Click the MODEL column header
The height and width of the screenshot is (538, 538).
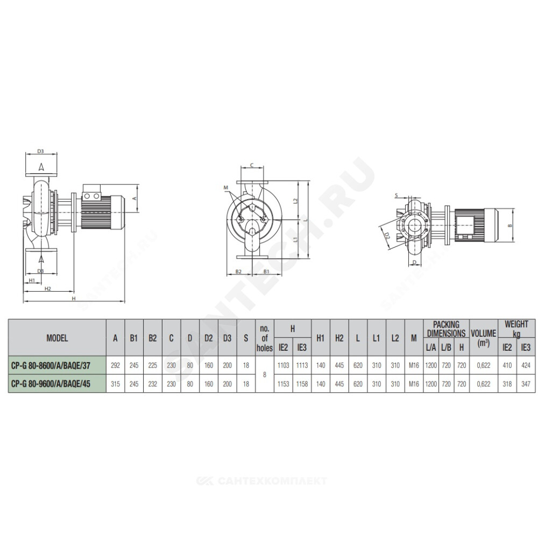click(x=57, y=338)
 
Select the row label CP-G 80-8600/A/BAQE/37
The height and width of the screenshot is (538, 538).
click(x=51, y=366)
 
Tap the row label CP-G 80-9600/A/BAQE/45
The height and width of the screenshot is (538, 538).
click(x=51, y=384)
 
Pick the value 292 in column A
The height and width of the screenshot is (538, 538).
click(x=115, y=365)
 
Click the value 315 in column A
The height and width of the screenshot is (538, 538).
click(x=115, y=384)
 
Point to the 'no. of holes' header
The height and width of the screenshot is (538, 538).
click(x=265, y=338)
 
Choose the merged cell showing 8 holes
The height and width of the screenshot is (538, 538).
click(x=265, y=374)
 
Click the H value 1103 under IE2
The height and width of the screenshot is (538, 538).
click(x=283, y=365)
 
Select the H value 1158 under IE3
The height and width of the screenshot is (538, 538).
click(x=302, y=384)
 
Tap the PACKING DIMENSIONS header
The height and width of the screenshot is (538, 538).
click(x=447, y=329)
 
